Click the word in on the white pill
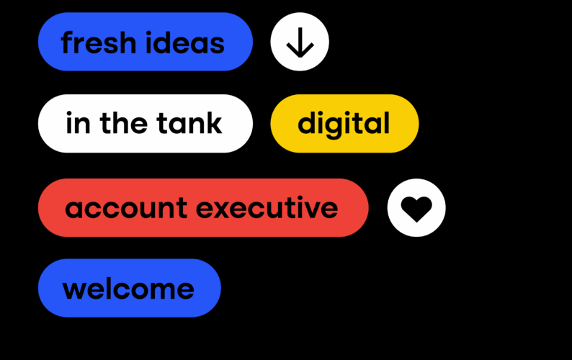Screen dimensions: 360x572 pos(73,124)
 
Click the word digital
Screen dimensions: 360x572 pos(344,125)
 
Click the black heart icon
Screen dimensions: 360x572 pos(416,209)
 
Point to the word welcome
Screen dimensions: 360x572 pos(128,289)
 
